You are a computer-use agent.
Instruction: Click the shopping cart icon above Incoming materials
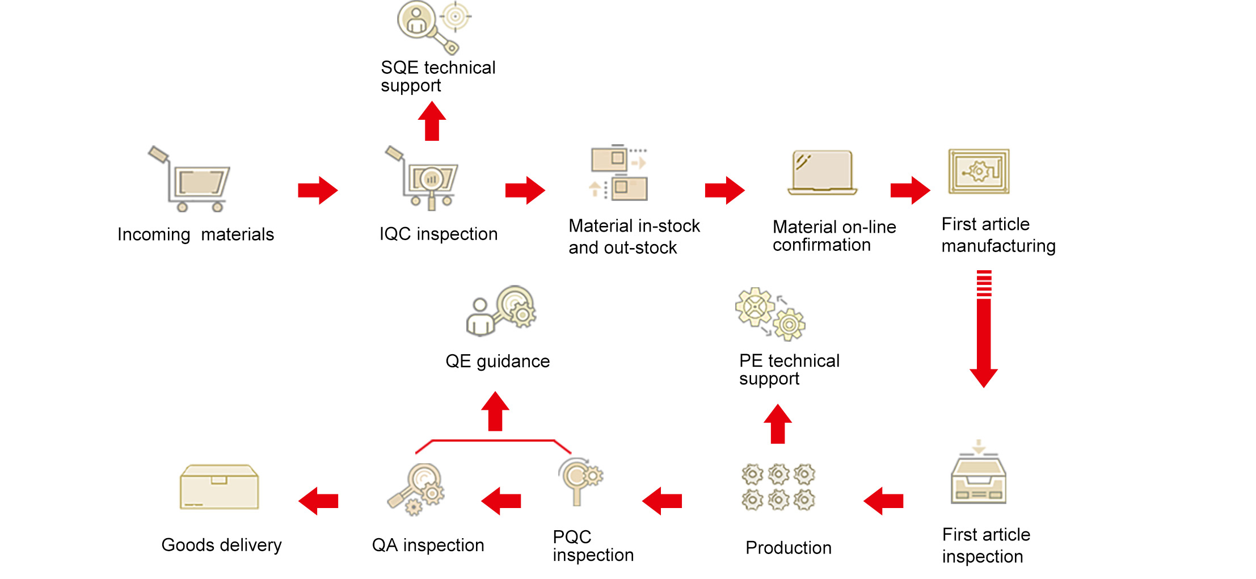tap(190, 180)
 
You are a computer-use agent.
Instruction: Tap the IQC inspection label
tap(438, 234)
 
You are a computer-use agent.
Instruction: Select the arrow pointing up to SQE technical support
tap(432, 121)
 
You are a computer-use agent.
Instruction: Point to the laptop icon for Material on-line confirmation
tap(822, 173)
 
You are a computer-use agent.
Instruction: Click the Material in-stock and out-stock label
tap(634, 237)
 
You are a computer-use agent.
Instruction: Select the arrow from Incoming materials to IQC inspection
tap(318, 190)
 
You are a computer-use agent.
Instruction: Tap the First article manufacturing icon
tap(979, 171)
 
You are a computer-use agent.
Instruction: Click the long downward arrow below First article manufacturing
tap(984, 329)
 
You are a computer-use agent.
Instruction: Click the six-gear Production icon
tap(778, 486)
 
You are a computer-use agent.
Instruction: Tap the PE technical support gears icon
tap(770, 314)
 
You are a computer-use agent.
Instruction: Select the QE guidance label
tap(497, 361)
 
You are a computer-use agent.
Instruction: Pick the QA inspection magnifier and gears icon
tap(417, 489)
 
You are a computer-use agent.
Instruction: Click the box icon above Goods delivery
tap(219, 488)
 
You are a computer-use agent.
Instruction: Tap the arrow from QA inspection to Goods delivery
tap(318, 501)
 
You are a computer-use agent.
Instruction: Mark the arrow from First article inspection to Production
tap(883, 501)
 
